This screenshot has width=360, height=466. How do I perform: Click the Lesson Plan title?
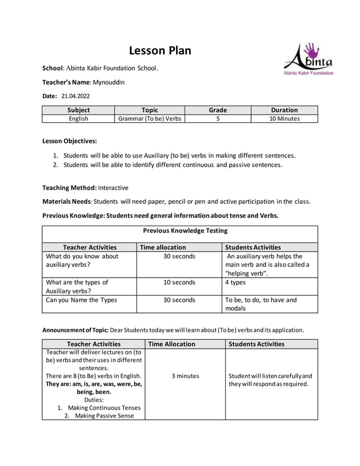[160, 51]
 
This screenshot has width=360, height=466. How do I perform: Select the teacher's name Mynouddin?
[108, 82]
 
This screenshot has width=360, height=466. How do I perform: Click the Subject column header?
[78, 110]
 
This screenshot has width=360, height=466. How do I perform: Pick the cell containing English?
[78, 118]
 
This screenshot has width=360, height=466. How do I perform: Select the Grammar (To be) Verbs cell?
[150, 118]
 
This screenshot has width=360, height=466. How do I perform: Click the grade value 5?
[217, 118]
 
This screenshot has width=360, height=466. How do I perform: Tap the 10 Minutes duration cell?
[284, 118]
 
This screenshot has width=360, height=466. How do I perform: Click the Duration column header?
[284, 110]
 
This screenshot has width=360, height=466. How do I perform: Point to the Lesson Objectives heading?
[70, 141]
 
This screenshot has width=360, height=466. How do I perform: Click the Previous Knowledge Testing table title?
[185, 230]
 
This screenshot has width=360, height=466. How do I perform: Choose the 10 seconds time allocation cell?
[179, 282]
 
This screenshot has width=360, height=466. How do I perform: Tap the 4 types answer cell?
[235, 282]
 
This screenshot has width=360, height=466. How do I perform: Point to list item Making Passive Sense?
[98, 416]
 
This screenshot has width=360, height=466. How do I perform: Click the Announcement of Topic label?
[76, 329]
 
